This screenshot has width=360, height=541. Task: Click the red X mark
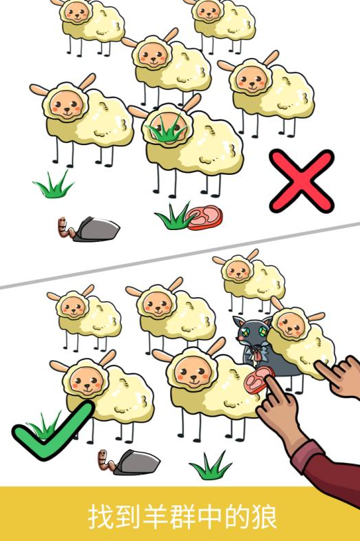coord(302,181)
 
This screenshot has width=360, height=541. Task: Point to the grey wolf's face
coord(253,334)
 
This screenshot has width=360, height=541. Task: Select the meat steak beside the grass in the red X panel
coord(205,218)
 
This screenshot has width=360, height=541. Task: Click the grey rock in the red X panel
coord(96,229)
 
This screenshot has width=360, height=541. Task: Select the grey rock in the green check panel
coord(137,462)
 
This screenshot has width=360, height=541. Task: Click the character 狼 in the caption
coord(263,517)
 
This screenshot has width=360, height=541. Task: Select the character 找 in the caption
coord(102,517)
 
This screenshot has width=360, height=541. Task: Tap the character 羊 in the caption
coord(155,517)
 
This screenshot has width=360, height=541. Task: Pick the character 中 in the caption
coord(209,517)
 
